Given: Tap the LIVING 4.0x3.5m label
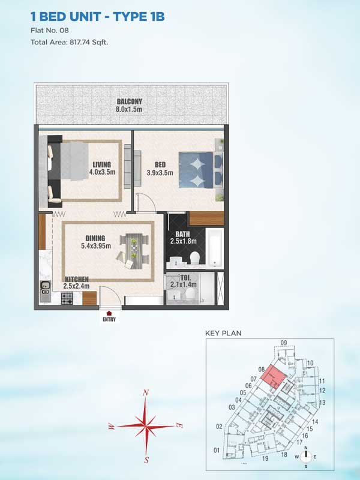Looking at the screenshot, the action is [x=102, y=168].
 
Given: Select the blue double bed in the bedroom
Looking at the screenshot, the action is [x=201, y=170].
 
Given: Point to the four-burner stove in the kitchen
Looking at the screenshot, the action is [x=67, y=298].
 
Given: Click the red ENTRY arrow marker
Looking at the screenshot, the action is [x=109, y=313].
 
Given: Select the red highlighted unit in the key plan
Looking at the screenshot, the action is [x=274, y=377].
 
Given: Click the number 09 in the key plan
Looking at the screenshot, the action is [x=283, y=343].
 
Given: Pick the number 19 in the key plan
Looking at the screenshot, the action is [x=265, y=458].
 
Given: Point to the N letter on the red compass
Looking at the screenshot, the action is [x=146, y=393].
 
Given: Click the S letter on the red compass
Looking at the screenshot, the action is [x=146, y=460].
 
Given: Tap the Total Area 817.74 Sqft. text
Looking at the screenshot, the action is [x=69, y=42].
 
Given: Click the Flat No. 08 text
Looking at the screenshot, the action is [x=50, y=31].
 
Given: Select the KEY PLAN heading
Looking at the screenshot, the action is [x=223, y=333].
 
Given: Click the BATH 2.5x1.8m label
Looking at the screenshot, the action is [x=183, y=238].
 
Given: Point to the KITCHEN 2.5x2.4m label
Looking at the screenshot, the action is [x=77, y=283].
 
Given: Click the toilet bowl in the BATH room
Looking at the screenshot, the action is [x=194, y=258].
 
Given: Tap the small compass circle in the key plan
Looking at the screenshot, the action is [x=305, y=457].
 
